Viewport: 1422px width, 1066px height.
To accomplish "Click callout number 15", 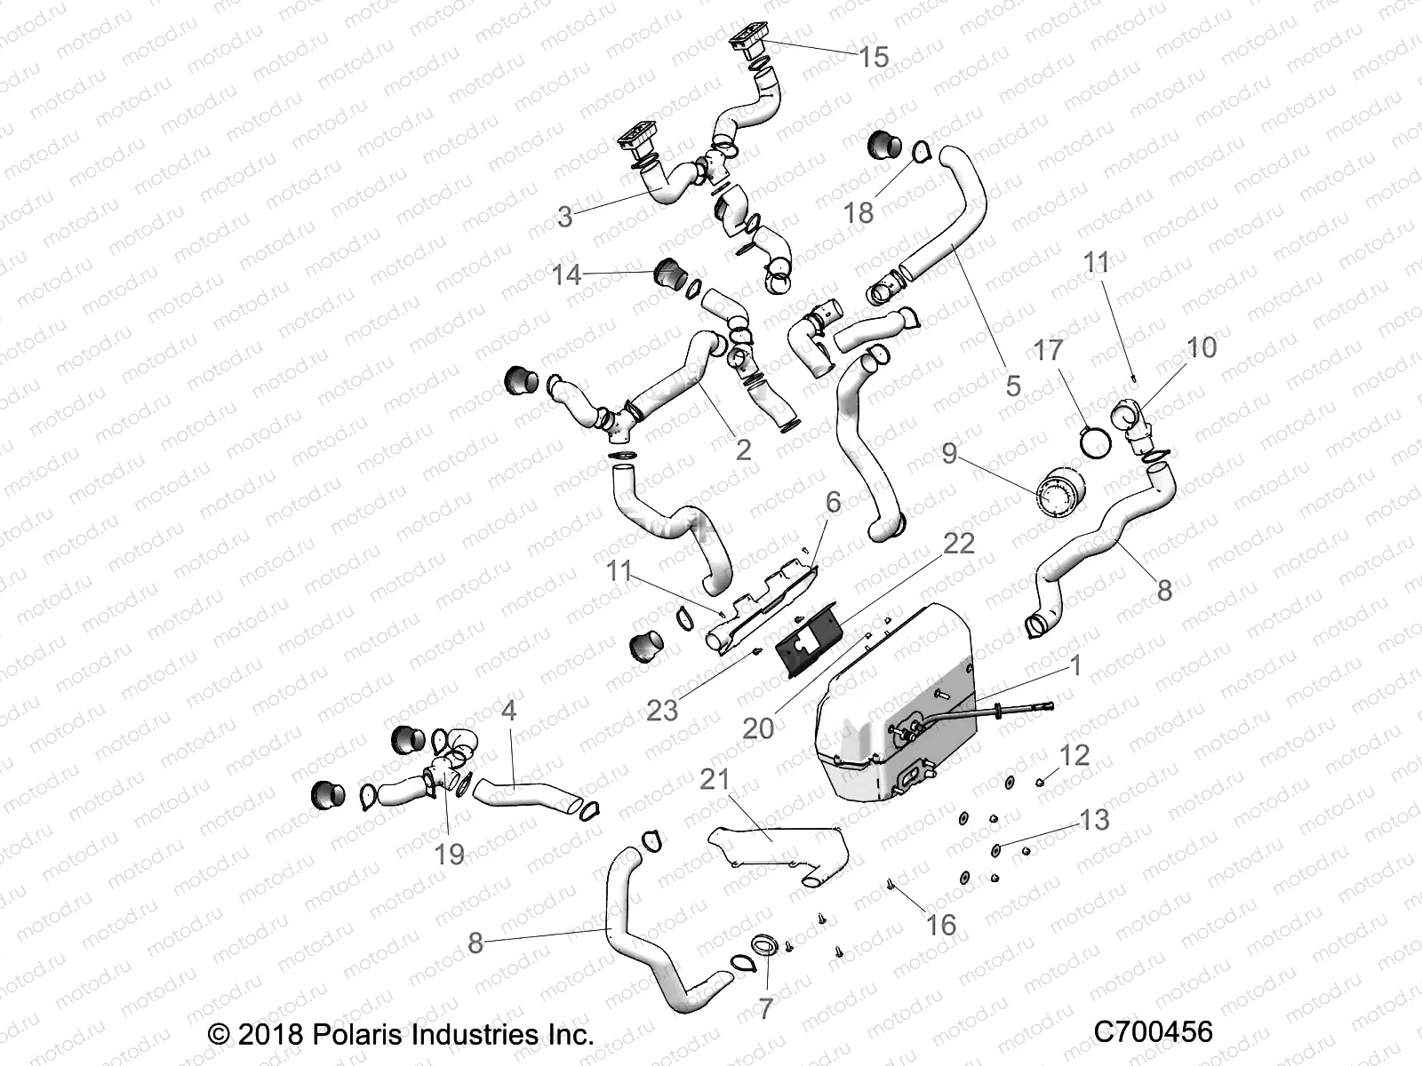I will pos(874,58).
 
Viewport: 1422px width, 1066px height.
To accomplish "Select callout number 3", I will pos(565,216).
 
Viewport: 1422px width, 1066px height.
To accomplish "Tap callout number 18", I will pos(859,212).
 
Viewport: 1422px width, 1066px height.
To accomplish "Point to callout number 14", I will pos(566,274).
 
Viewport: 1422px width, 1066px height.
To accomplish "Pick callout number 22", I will pos(958,543).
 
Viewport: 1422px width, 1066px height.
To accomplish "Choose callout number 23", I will pos(662,710).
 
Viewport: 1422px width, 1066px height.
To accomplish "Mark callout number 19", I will pos(450,854).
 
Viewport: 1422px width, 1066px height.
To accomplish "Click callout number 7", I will pos(765,1008).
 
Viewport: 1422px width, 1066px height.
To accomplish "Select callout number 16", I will pos(940,925).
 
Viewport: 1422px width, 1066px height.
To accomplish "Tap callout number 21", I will pos(715,780).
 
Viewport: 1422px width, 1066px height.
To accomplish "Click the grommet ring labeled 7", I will pos(765,943).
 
